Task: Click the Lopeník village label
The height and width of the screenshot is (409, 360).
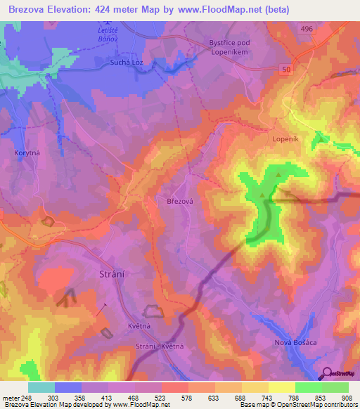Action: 285,139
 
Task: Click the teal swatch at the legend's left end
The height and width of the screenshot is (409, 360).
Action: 41,387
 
